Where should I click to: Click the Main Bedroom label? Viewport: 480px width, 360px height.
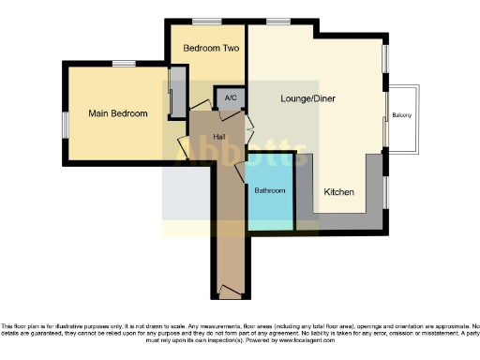point(118,113)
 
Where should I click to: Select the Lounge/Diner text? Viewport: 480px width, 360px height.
point(307,98)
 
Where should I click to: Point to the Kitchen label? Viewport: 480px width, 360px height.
point(338,192)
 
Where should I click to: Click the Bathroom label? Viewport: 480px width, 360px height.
point(270,190)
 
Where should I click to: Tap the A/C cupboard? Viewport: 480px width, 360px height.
point(229,98)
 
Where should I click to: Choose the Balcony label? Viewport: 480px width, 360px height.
point(402,116)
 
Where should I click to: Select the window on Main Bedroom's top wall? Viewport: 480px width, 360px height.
point(123,64)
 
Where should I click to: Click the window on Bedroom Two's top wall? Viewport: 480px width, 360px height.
point(206,21)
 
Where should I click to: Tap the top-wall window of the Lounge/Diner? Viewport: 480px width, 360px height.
point(277,21)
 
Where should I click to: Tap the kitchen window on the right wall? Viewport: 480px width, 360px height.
point(385,192)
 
